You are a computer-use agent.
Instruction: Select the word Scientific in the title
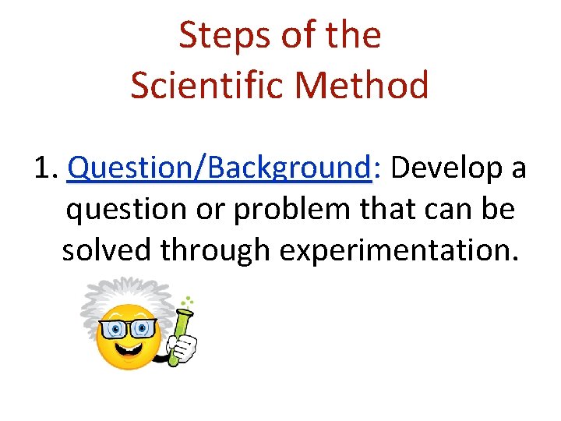click(x=199, y=85)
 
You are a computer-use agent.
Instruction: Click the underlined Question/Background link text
click(x=218, y=168)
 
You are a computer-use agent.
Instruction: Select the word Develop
click(x=445, y=168)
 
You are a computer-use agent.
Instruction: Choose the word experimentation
click(x=397, y=250)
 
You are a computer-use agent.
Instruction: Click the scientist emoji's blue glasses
click(x=128, y=327)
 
